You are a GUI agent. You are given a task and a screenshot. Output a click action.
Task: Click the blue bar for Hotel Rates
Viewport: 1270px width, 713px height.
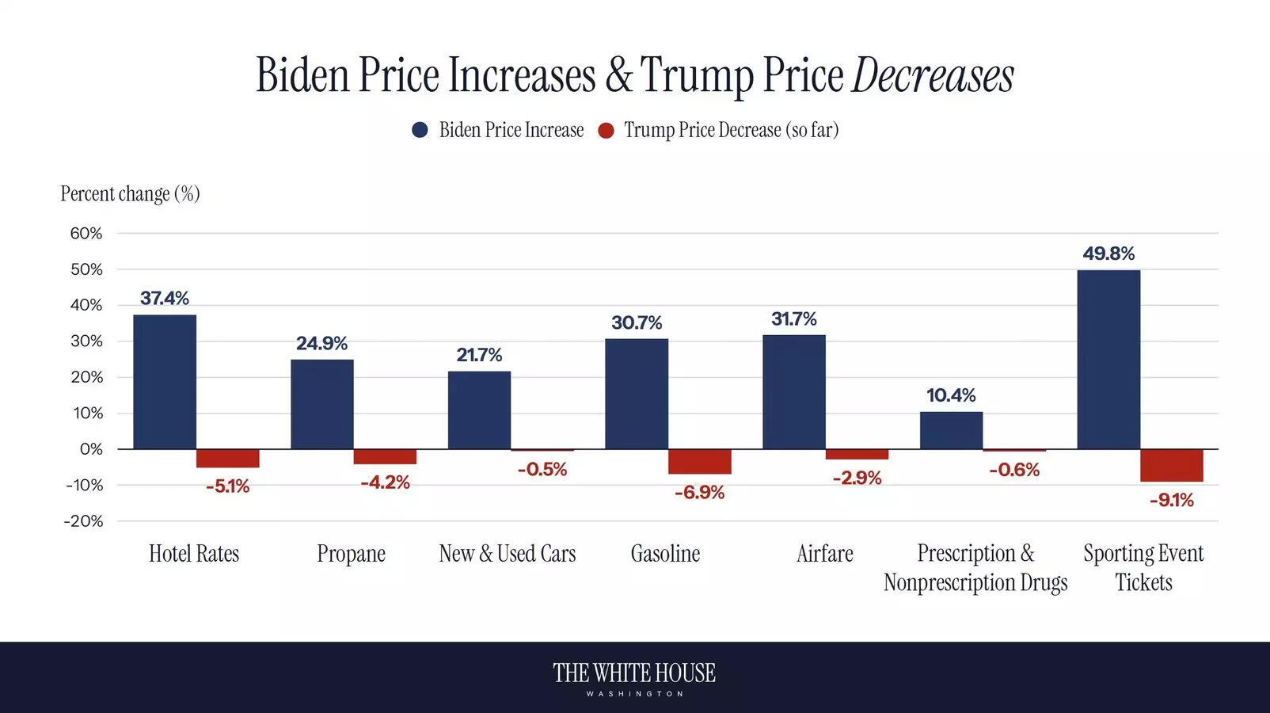click(165, 382)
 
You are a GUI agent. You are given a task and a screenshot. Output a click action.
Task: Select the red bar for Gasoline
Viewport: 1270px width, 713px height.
click(699, 462)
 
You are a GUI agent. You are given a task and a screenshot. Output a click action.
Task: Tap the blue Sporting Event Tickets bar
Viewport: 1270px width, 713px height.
click(1108, 360)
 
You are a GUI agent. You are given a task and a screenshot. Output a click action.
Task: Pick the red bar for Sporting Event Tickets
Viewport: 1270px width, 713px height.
click(1171, 465)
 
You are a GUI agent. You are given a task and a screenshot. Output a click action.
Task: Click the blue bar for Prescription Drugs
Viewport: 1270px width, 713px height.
click(951, 430)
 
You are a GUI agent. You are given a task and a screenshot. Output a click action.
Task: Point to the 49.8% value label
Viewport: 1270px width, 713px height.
click(1108, 254)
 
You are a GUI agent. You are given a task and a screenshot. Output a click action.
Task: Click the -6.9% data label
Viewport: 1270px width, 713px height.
click(699, 493)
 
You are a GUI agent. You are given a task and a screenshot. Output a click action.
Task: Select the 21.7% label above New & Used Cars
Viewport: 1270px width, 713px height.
click(479, 355)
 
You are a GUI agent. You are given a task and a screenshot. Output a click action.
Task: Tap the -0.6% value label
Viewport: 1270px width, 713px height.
click(1013, 470)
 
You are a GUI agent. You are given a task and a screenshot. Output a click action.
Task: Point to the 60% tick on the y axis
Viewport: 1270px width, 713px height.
click(86, 234)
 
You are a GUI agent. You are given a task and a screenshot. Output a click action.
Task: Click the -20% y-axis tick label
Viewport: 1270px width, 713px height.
click(84, 521)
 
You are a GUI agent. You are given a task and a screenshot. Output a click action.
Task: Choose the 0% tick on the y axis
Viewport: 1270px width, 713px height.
click(91, 449)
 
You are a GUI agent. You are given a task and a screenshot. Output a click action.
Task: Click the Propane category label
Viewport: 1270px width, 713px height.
click(351, 554)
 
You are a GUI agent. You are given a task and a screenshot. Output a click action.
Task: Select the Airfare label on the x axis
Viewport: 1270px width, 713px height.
click(824, 554)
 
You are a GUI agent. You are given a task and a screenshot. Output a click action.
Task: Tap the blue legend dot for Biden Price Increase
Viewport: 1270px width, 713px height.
click(420, 130)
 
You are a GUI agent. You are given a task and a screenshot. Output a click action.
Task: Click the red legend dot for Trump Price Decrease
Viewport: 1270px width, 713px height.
click(606, 130)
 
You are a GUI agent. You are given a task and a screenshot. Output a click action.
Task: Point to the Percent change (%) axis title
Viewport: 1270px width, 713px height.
click(130, 194)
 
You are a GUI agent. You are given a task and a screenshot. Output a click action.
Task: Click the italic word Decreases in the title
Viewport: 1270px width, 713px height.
click(932, 76)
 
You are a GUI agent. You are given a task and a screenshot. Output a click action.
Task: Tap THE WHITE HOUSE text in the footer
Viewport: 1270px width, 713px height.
click(634, 673)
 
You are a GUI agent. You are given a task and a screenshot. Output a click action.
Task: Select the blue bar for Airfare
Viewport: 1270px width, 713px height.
click(793, 392)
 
